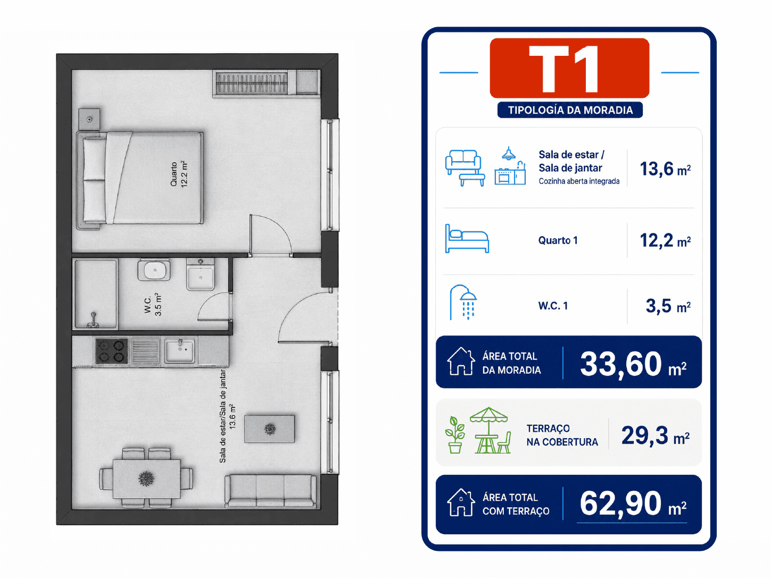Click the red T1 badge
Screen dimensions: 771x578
click(x=569, y=68)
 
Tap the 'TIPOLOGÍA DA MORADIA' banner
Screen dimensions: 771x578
click(x=570, y=110)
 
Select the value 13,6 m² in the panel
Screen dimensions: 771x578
click(x=665, y=169)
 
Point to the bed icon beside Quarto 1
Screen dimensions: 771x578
click(x=467, y=239)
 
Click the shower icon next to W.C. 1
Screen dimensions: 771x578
click(x=463, y=302)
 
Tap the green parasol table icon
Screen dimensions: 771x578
click(x=490, y=430)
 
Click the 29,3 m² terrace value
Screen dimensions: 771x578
click(x=656, y=435)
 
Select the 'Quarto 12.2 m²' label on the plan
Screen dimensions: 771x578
click(x=179, y=174)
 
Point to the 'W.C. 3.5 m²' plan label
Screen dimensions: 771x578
click(x=153, y=304)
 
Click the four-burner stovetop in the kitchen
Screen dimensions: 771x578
click(x=112, y=351)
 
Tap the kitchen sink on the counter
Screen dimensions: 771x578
click(x=179, y=350)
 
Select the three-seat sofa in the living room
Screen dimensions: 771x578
click(x=270, y=491)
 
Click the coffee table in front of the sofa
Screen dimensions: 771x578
click(x=269, y=429)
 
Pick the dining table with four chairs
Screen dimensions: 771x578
click(x=146, y=478)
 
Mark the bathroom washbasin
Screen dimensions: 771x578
click(x=154, y=270)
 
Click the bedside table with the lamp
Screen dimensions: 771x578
click(x=89, y=119)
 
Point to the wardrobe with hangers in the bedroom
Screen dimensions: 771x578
click(x=267, y=83)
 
